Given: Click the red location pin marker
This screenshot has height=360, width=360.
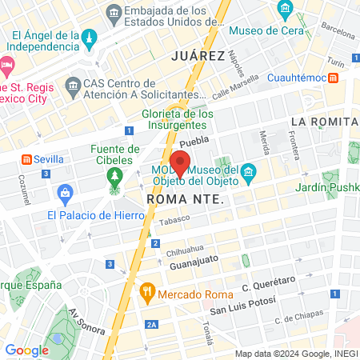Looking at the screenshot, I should click(x=180, y=163).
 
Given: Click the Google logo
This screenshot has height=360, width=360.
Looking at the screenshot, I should click(x=26, y=350).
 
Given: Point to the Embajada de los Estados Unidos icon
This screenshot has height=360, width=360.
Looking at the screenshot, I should click(x=114, y=14).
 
